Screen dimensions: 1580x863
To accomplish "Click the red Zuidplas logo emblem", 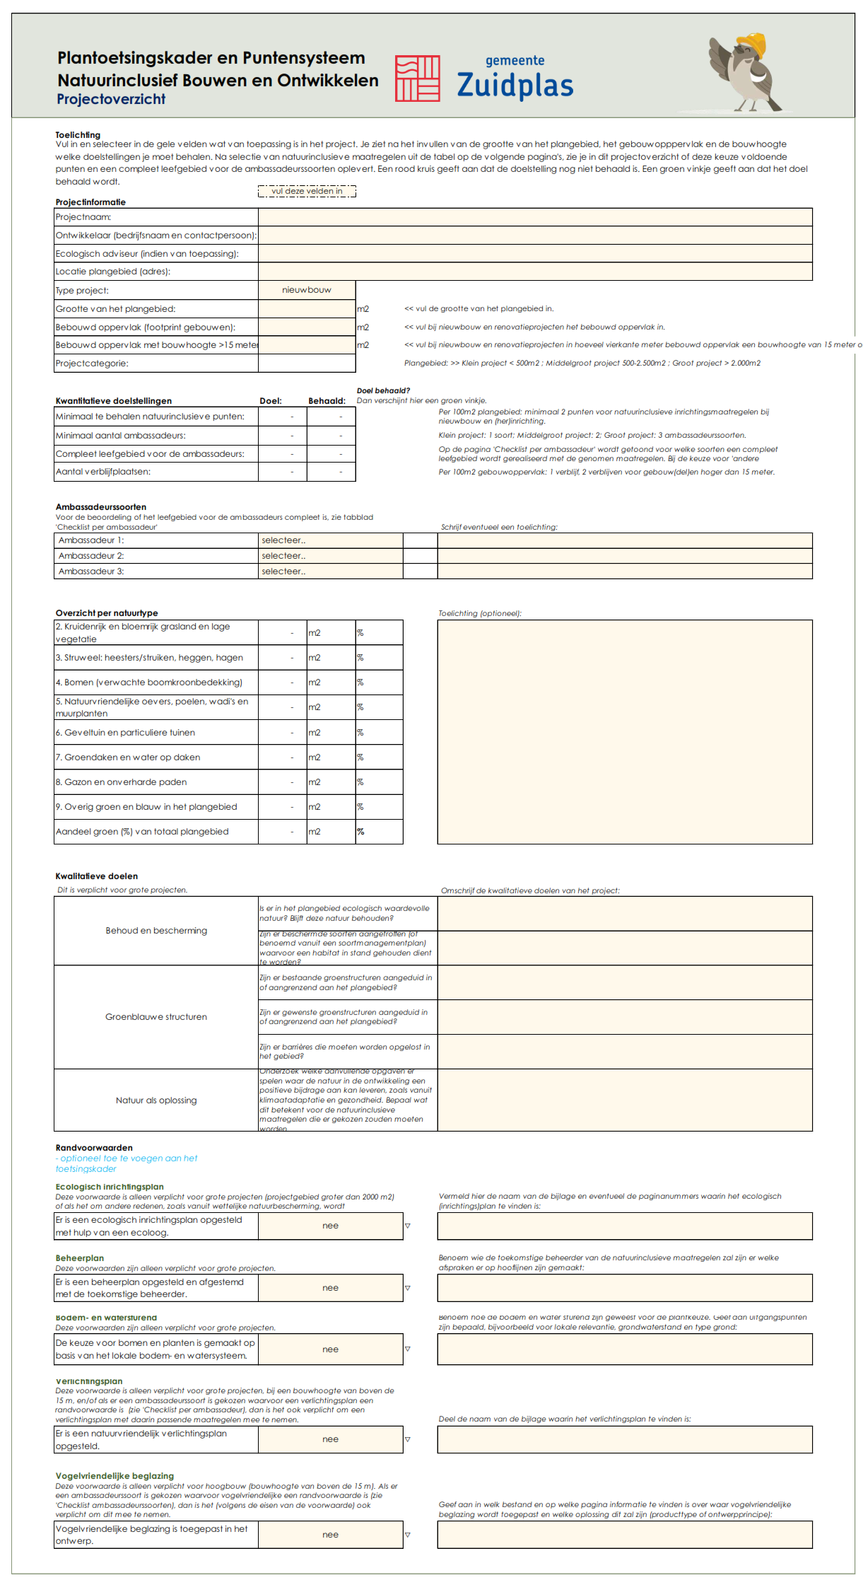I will [x=417, y=78].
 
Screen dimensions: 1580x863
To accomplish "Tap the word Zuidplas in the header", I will [x=515, y=85].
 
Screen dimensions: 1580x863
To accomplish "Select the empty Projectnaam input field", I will [x=534, y=217].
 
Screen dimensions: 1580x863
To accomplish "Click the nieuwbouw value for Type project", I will [x=307, y=290].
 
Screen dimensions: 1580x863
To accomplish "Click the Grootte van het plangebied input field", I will [x=307, y=309].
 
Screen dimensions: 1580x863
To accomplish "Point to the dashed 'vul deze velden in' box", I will [x=307, y=191].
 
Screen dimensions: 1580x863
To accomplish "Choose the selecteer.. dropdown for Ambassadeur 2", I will [x=330, y=556].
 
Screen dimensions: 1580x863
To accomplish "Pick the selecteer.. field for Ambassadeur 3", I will [x=330, y=571].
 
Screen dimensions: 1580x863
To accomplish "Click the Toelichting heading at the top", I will [x=78, y=135].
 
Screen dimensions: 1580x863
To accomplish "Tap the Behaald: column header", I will [x=327, y=401].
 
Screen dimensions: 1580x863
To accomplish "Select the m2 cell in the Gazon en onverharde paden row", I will [x=330, y=782].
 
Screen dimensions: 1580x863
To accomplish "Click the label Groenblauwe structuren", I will [x=156, y=1017].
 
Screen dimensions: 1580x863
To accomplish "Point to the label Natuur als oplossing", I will [x=156, y=1100].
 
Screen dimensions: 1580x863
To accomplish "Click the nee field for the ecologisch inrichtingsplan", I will [x=330, y=1226].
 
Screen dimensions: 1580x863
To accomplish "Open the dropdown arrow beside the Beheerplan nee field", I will [x=408, y=1288].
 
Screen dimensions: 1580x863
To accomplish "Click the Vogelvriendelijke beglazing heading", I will [x=115, y=1476].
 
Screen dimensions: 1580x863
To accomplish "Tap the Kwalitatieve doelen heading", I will [x=97, y=876].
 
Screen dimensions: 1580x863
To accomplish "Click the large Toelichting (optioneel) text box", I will [x=625, y=732].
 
